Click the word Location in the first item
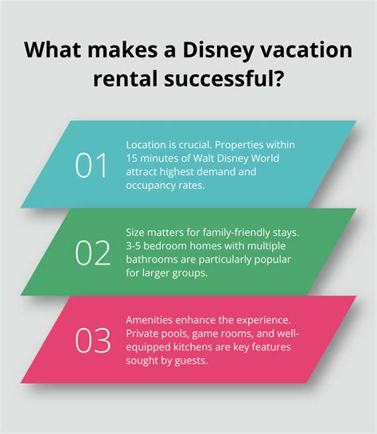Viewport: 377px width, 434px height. pos(149,145)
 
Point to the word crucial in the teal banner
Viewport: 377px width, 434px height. pos(197,145)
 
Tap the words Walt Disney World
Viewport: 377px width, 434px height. pos(243,158)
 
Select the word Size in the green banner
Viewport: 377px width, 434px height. pos(137,233)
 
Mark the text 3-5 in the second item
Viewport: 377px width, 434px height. pos(136,245)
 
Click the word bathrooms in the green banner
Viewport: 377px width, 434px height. pos(154,258)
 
